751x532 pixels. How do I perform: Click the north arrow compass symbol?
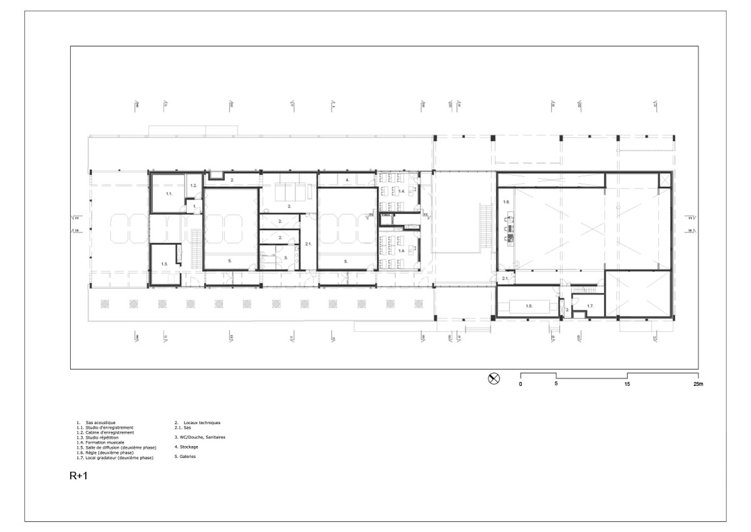pos(494,378)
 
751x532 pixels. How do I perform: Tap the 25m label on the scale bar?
pos(698,383)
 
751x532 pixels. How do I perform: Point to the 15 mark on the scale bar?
pos(628,383)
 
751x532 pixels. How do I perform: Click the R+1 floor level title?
pos(78,476)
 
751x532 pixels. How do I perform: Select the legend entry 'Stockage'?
pos(186,447)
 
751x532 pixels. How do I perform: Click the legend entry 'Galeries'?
pos(186,456)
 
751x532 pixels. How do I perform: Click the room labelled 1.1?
pos(168,194)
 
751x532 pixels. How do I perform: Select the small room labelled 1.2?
pos(194,185)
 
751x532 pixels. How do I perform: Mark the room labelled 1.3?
pos(164,264)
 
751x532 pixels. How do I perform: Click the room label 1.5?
pos(528,306)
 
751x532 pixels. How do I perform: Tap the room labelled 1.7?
pos(590,306)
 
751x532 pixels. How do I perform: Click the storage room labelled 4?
pos(347,180)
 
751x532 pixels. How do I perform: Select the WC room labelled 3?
pos(285,257)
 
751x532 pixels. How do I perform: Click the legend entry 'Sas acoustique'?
pos(100,423)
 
